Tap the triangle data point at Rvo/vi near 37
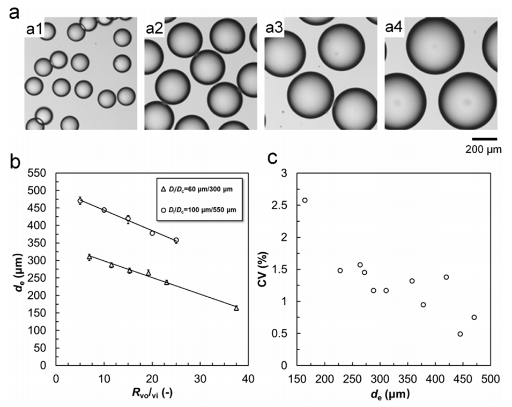[x=236, y=308]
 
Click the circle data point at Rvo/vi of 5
[x=80, y=201]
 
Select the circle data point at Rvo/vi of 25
[x=176, y=240]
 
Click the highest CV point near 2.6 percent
[x=305, y=200]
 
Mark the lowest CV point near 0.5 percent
[x=460, y=334]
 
